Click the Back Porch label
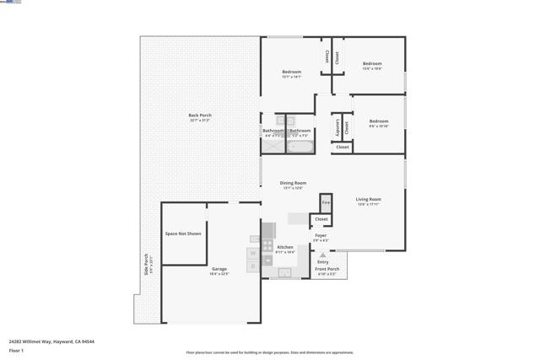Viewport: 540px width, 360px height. point(200,116)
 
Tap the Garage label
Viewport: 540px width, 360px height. point(219,270)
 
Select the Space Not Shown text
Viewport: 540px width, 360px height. point(183,234)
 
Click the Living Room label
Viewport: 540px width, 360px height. point(368,200)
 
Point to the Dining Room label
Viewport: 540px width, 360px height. point(293,183)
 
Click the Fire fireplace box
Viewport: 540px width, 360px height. point(326,203)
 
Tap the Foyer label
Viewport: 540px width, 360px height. point(321,236)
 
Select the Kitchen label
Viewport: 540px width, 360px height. point(285,248)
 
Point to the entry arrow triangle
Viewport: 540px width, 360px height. point(322,255)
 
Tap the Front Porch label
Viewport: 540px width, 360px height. point(327,270)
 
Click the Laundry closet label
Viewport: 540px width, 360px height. point(337,128)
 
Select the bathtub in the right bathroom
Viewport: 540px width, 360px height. point(300,145)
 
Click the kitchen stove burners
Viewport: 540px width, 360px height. point(268,230)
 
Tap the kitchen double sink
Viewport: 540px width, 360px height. point(285,272)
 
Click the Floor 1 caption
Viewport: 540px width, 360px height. point(16,350)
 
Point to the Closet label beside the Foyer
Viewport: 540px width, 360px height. point(321,219)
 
